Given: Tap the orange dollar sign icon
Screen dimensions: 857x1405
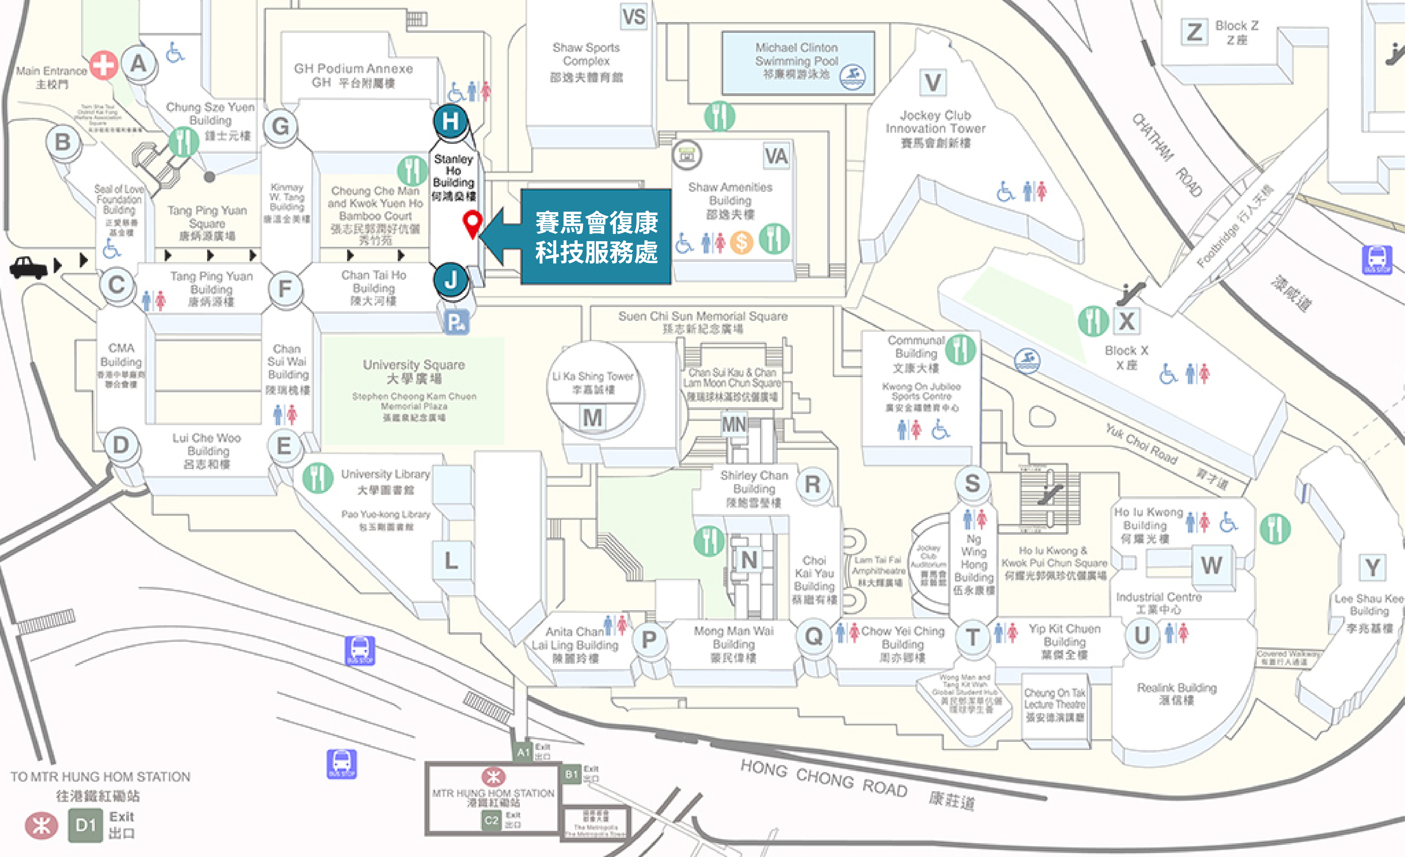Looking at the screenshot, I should coord(741,242).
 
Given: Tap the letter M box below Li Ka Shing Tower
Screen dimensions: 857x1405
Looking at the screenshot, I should coord(592,418).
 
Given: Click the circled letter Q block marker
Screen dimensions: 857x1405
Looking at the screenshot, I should coord(814,636).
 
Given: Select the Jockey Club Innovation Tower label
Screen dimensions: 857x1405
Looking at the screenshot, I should coord(935,129).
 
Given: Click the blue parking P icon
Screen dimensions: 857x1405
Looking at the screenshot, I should coord(456,323).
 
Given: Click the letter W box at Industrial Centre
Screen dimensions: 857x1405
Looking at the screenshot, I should coord(1211,565).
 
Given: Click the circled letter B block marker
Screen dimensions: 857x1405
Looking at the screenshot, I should coord(63,141).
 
